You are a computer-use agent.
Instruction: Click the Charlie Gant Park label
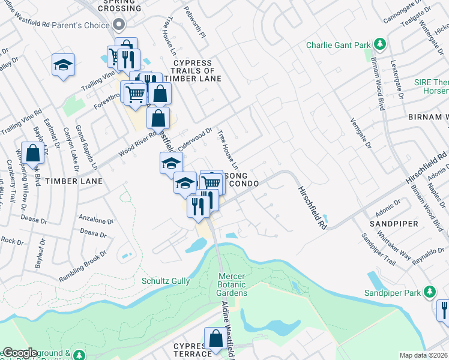point(339,45)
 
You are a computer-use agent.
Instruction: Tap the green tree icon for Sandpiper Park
point(429,292)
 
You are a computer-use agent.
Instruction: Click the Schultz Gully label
point(166,281)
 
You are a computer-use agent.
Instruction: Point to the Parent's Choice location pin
point(118,25)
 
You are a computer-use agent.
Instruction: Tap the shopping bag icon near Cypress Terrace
point(215,339)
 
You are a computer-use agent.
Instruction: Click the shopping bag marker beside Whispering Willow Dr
point(33,153)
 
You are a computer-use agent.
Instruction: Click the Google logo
point(19,353)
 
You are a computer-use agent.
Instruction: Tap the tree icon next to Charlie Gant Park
point(379,44)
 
